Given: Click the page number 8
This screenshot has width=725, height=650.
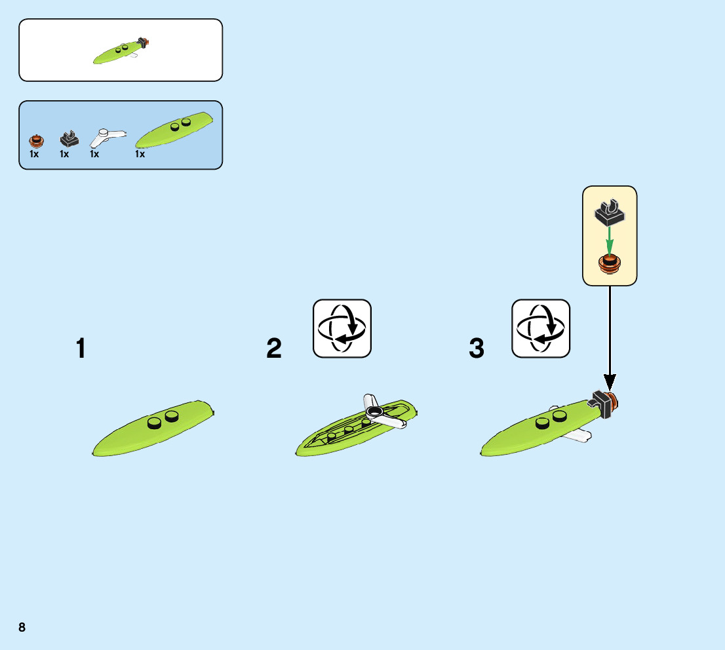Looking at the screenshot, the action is pyautogui.click(x=22, y=627).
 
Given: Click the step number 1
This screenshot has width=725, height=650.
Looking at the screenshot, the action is pyautogui.click(x=80, y=349).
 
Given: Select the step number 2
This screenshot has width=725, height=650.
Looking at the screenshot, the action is pyautogui.click(x=274, y=349).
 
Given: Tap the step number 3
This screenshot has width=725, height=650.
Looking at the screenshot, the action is pyautogui.click(x=477, y=349).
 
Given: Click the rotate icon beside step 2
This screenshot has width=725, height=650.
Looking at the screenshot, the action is pyautogui.click(x=342, y=328).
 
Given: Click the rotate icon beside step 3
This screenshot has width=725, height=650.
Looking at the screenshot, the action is pyautogui.click(x=541, y=328).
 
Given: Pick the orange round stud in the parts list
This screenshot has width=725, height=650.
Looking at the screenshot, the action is pyautogui.click(x=36, y=140).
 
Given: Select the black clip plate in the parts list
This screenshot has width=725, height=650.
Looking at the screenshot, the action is pyautogui.click(x=68, y=139).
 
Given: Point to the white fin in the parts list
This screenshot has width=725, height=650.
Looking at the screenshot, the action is pyautogui.click(x=106, y=137).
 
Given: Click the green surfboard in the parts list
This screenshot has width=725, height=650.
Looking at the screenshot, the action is pyautogui.click(x=174, y=130).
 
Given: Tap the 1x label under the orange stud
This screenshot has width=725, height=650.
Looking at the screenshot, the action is pyautogui.click(x=34, y=155).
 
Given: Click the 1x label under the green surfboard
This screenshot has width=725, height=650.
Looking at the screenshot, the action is pyautogui.click(x=140, y=155).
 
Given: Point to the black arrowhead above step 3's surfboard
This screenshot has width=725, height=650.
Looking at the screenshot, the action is pyautogui.click(x=610, y=381).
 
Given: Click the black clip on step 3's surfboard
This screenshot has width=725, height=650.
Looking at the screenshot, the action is pyautogui.click(x=601, y=402).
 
